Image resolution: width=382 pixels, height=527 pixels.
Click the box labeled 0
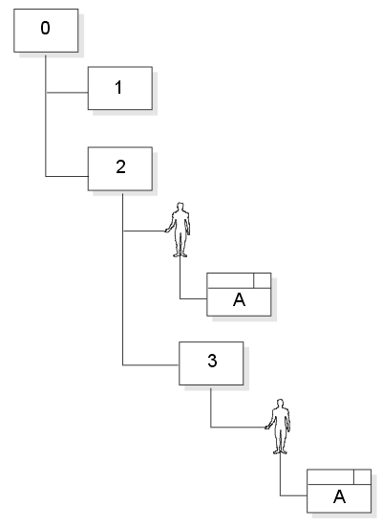point(46,31)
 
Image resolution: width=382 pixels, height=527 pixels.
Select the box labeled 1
point(120,88)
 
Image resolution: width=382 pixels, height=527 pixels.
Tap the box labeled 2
point(120,168)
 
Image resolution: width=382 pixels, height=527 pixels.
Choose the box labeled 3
point(211,363)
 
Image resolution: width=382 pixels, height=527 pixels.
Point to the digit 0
point(46,28)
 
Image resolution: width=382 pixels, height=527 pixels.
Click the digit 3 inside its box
point(212,361)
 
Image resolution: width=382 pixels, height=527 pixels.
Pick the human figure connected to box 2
point(178,230)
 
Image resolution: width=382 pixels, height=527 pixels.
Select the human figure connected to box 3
point(278,427)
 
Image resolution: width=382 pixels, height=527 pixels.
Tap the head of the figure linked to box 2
point(180,206)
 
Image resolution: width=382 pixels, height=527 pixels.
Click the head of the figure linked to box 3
point(281,403)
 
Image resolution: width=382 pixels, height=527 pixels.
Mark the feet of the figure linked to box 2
point(180,255)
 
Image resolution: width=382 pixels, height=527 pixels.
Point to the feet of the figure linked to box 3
point(280,452)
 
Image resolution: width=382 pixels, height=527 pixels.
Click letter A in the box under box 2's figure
point(239,299)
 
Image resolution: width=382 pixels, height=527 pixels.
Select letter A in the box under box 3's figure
point(339,496)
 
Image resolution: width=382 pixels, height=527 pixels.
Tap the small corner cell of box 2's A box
point(263,280)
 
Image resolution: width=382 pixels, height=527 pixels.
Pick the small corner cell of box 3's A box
point(363,477)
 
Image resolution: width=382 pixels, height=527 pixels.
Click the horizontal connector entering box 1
point(67,93)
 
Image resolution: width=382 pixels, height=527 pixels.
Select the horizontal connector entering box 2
point(67,176)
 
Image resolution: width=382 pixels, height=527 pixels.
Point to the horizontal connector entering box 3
point(151,365)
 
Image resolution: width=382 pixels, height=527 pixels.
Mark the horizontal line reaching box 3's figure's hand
point(239,428)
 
